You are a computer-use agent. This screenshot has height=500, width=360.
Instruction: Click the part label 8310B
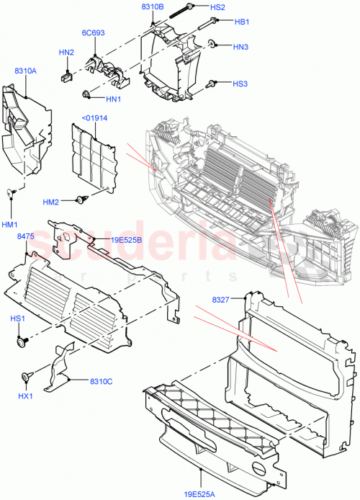pyautogui.click(x=153, y=6)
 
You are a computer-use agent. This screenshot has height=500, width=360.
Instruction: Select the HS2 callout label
pyautogui.click(x=218, y=6)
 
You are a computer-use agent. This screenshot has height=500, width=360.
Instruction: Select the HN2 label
pyautogui.click(x=66, y=52)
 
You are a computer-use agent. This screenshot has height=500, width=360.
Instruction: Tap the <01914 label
pyautogui.click(x=94, y=117)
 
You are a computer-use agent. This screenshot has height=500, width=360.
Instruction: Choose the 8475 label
pyautogui.click(x=26, y=236)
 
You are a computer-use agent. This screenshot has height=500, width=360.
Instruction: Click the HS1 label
pyautogui.click(x=17, y=318)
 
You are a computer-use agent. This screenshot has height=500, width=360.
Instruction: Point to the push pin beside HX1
pyautogui.click(x=27, y=375)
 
